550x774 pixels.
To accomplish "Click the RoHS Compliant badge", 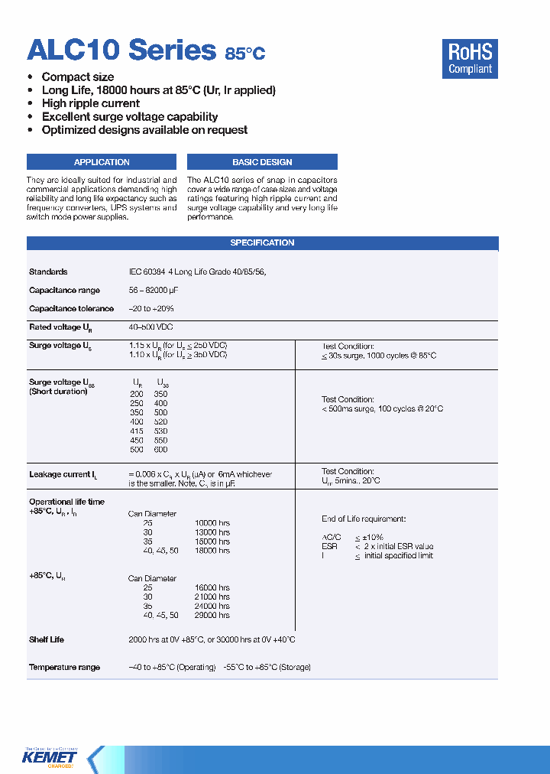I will point(470,58).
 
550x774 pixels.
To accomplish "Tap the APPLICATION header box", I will point(102,162).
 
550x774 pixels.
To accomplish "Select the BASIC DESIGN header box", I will point(262,162).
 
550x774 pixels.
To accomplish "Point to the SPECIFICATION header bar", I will point(262,243).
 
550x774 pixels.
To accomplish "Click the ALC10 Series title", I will point(122,50).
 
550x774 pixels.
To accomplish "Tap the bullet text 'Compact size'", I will point(78,77).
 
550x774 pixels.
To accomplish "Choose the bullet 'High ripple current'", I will point(90,103).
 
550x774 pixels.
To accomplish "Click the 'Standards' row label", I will point(48,272).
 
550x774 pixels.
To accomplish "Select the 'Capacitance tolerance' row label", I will point(71,309).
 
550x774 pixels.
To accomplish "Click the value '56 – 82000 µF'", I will point(158,291).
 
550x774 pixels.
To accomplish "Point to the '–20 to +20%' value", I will point(151,309).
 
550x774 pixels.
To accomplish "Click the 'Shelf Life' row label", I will point(47,639).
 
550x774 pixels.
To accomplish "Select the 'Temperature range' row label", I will point(64,668).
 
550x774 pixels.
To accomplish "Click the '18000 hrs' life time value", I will point(212,551).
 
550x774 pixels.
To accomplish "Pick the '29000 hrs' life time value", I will point(212,616).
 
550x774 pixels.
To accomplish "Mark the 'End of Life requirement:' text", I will point(363,519).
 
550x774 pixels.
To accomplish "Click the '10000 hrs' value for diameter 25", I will point(212,523).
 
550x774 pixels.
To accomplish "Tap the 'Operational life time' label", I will point(66,502).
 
